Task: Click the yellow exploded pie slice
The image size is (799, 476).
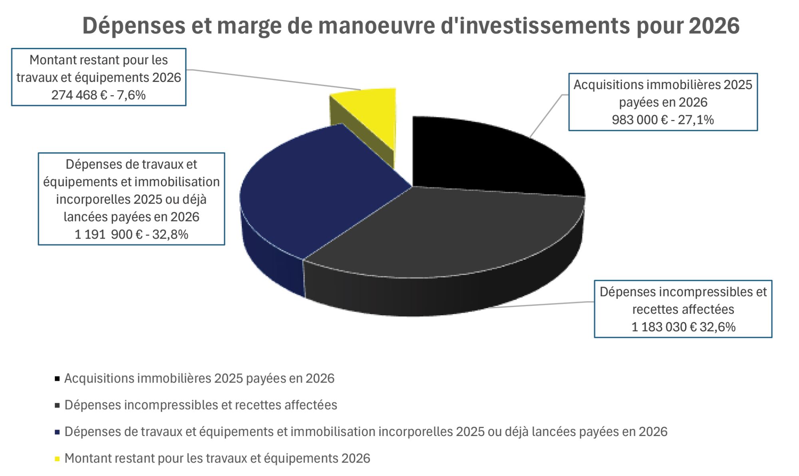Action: pyautogui.click(x=368, y=116)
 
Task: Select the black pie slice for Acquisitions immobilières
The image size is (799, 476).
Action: pyautogui.click(x=479, y=156)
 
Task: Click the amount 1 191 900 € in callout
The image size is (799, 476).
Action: pyautogui.click(x=108, y=234)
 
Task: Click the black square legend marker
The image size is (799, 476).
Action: pyautogui.click(x=57, y=378)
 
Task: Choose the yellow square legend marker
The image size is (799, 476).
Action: pyautogui.click(x=57, y=458)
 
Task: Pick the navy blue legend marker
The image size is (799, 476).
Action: pyautogui.click(x=57, y=432)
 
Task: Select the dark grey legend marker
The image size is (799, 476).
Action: pyautogui.click(x=57, y=405)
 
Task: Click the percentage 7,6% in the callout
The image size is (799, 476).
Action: pyautogui.click(x=131, y=95)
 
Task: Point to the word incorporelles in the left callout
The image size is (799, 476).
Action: pyautogui.click(x=93, y=199)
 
